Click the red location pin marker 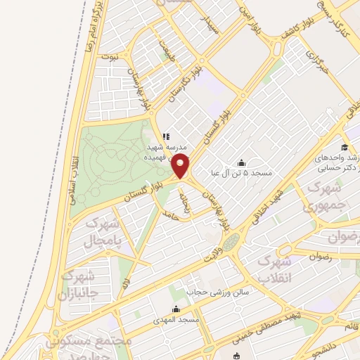(x=181, y=167)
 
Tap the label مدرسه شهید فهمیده (x=167, y=153)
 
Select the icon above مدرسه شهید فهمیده (x=166, y=136)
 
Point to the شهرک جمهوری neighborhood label (x=324, y=198)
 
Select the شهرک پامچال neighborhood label (x=103, y=233)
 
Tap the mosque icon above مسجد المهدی (x=176, y=309)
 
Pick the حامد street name (x=167, y=212)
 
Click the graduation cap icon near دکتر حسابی (x=345, y=147)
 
